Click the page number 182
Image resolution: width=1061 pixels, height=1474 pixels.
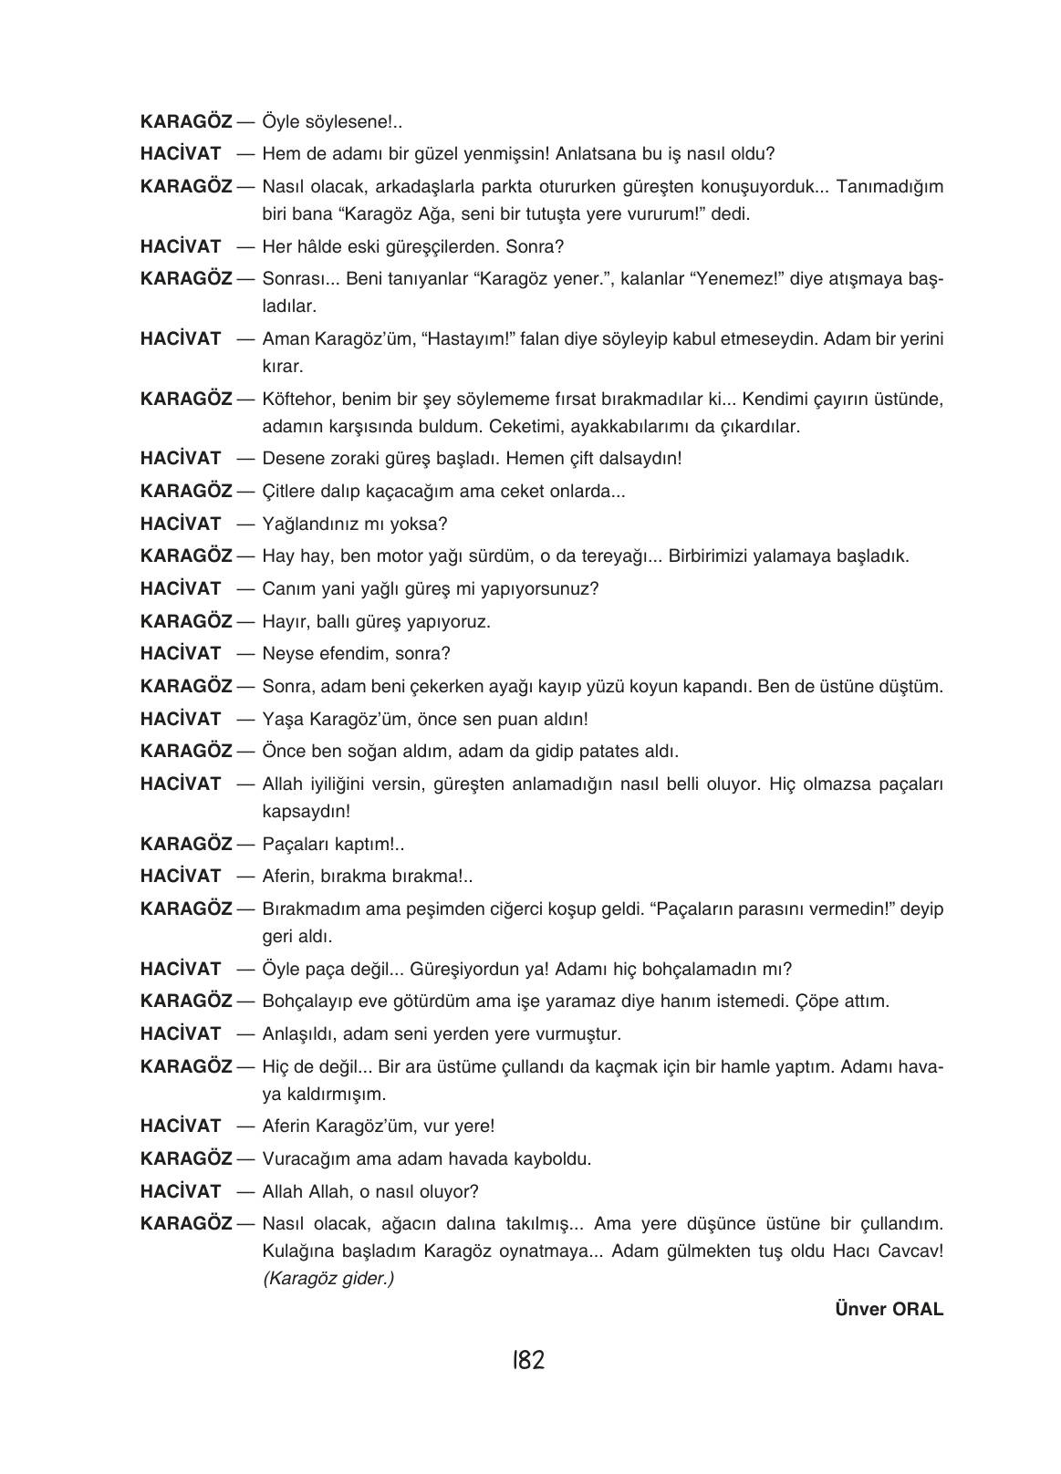coord(528,1361)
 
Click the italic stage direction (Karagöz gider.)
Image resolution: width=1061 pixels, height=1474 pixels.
coord(328,1279)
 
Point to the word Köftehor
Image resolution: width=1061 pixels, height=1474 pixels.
coord(294,400)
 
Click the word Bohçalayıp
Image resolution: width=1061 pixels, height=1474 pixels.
coord(306,1002)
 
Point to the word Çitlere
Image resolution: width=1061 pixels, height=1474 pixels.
coord(288,492)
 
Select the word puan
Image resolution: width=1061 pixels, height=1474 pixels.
coord(519,720)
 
